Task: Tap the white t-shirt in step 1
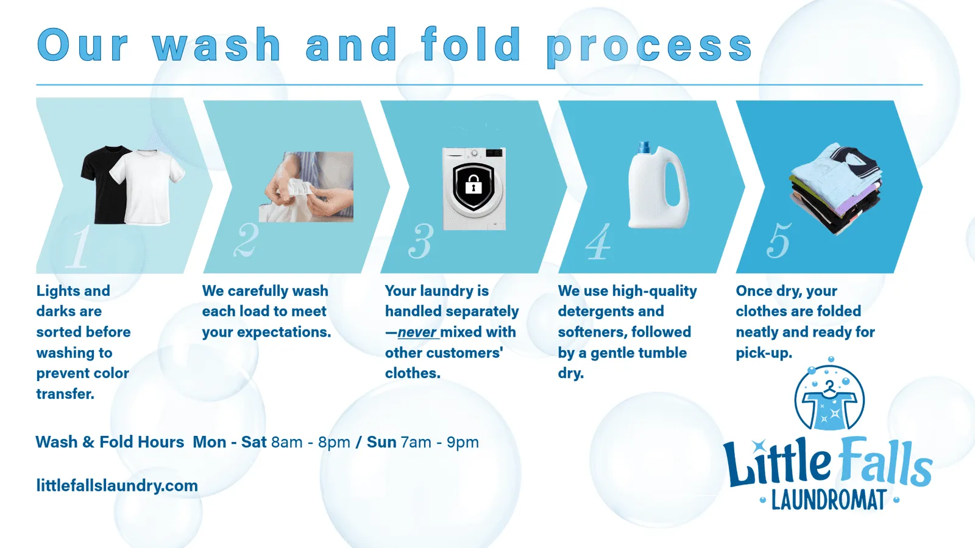(147, 187)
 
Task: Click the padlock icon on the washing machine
(473, 184)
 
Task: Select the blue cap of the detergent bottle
(643, 147)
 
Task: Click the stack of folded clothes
(835, 188)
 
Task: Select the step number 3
(421, 241)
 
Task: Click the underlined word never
(417, 332)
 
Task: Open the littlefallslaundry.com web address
(117, 485)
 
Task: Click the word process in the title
(650, 46)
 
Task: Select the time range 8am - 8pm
(311, 442)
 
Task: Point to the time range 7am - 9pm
(439, 442)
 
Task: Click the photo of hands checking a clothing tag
(306, 186)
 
